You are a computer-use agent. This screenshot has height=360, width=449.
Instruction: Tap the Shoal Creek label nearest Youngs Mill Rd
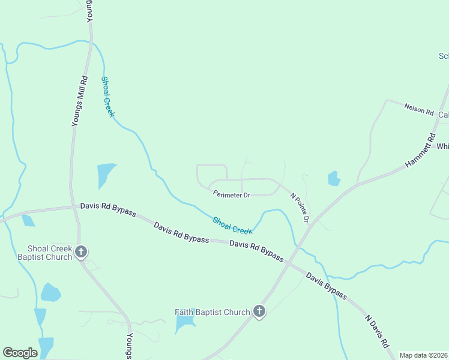click(108, 97)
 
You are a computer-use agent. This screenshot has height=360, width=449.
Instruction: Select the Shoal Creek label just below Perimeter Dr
click(232, 226)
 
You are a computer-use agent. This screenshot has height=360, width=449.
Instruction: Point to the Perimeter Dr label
click(231, 194)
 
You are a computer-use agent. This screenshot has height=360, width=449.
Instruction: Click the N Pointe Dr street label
click(299, 208)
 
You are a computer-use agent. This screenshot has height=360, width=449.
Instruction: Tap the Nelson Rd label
click(419, 110)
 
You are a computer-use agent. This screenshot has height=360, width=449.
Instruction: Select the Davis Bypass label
click(326, 286)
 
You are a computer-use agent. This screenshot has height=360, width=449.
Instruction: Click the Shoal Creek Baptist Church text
click(50, 253)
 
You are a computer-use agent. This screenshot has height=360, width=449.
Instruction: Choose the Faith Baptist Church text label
click(212, 312)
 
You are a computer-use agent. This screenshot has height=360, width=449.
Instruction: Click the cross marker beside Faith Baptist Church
click(259, 311)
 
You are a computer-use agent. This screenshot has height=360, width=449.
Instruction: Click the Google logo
click(20, 353)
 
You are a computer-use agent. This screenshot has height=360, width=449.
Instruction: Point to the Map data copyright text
click(423, 355)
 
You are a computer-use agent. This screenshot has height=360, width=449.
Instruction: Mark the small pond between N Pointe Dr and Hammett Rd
click(334, 178)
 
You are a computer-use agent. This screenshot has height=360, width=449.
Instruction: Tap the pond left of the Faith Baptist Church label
click(184, 324)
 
